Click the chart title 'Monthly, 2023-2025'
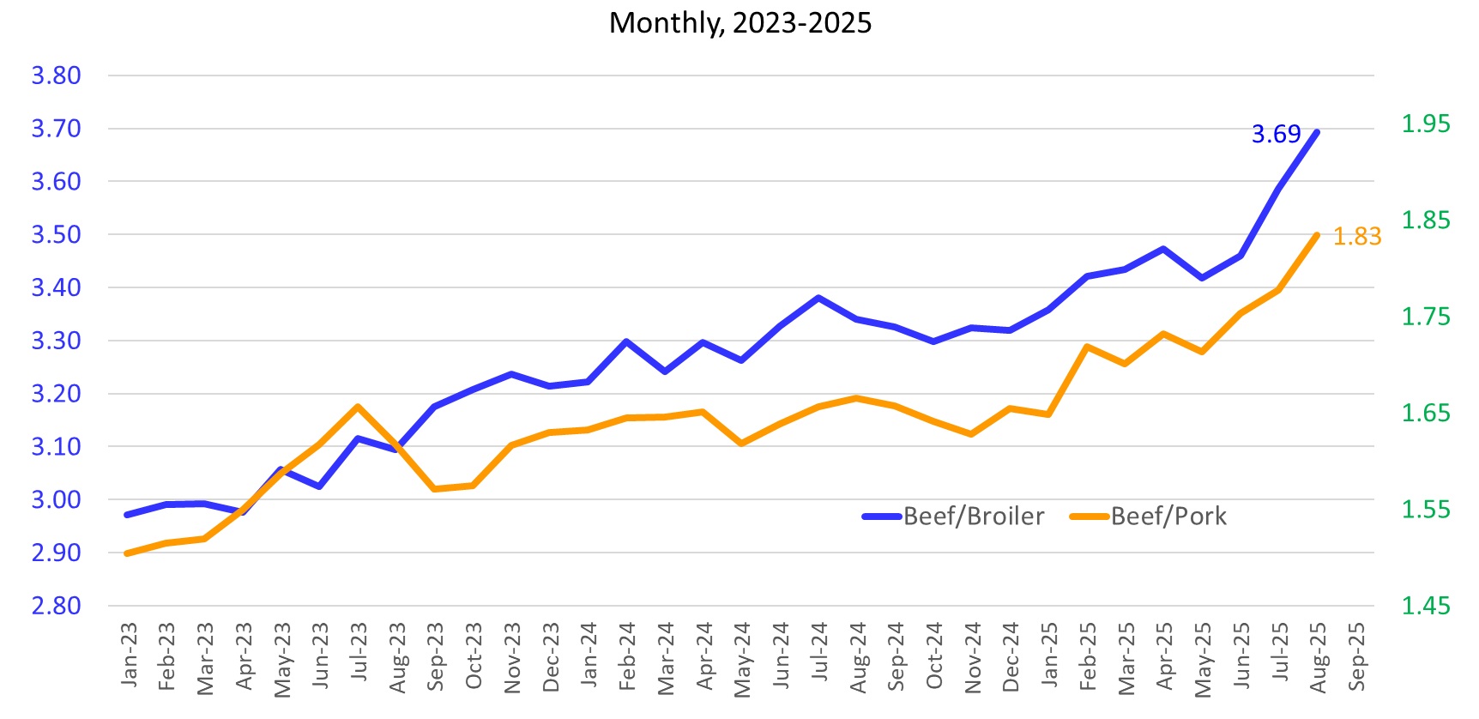coord(739,23)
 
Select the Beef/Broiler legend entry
coord(953,517)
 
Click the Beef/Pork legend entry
coord(1149,517)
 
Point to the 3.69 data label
coord(1276,135)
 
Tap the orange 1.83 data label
coord(1357,237)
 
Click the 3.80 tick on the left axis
coord(56,76)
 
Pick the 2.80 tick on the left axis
coord(56,606)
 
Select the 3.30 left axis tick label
coord(56,341)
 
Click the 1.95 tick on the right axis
coord(1425,124)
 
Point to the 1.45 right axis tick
coord(1425,606)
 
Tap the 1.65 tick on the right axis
coord(1425,413)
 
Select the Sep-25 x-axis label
coord(1356,656)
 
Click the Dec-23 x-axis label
coord(551,656)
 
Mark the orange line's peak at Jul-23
coord(358,407)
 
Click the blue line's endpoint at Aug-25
coord(1317,132)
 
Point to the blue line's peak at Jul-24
coord(818,298)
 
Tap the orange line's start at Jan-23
coord(127,553)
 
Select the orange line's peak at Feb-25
coord(1087,347)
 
